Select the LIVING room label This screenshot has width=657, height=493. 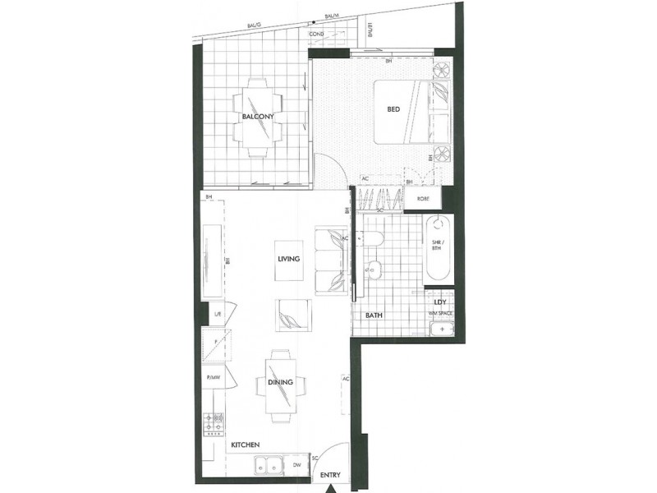[289, 259]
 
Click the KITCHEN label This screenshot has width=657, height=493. [246, 445]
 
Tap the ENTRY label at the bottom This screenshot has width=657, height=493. [329, 475]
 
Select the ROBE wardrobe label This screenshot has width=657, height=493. [425, 198]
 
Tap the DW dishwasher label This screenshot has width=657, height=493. [296, 466]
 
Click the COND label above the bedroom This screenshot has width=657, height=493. [317, 34]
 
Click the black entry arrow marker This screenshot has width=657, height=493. [332, 487]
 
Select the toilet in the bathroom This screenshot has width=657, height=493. [373, 239]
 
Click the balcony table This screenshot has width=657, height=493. [257, 119]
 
